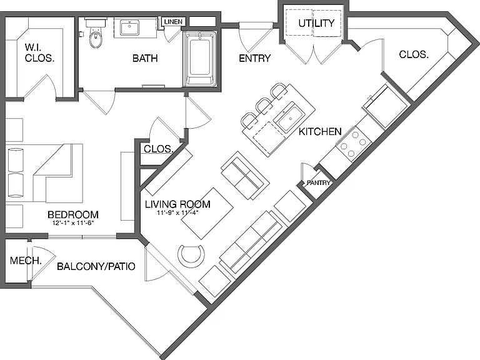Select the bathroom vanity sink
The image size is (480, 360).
(129, 28)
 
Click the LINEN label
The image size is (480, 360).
(173, 22)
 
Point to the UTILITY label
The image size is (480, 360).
(316, 23)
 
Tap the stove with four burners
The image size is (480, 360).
(354, 144)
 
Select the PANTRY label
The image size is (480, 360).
(318, 182)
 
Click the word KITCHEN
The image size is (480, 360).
(320, 132)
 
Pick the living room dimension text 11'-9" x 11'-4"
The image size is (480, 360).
(178, 212)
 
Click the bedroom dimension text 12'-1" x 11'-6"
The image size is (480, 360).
(73, 223)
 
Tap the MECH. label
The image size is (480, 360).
(26, 261)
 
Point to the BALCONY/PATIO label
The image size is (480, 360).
(96, 266)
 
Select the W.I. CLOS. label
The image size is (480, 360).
(39, 52)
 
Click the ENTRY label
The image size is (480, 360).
(255, 58)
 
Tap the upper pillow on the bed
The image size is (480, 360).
(16, 160)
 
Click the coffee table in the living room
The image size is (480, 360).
(207, 213)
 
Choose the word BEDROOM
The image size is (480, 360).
(73, 214)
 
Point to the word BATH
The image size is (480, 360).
(145, 58)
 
